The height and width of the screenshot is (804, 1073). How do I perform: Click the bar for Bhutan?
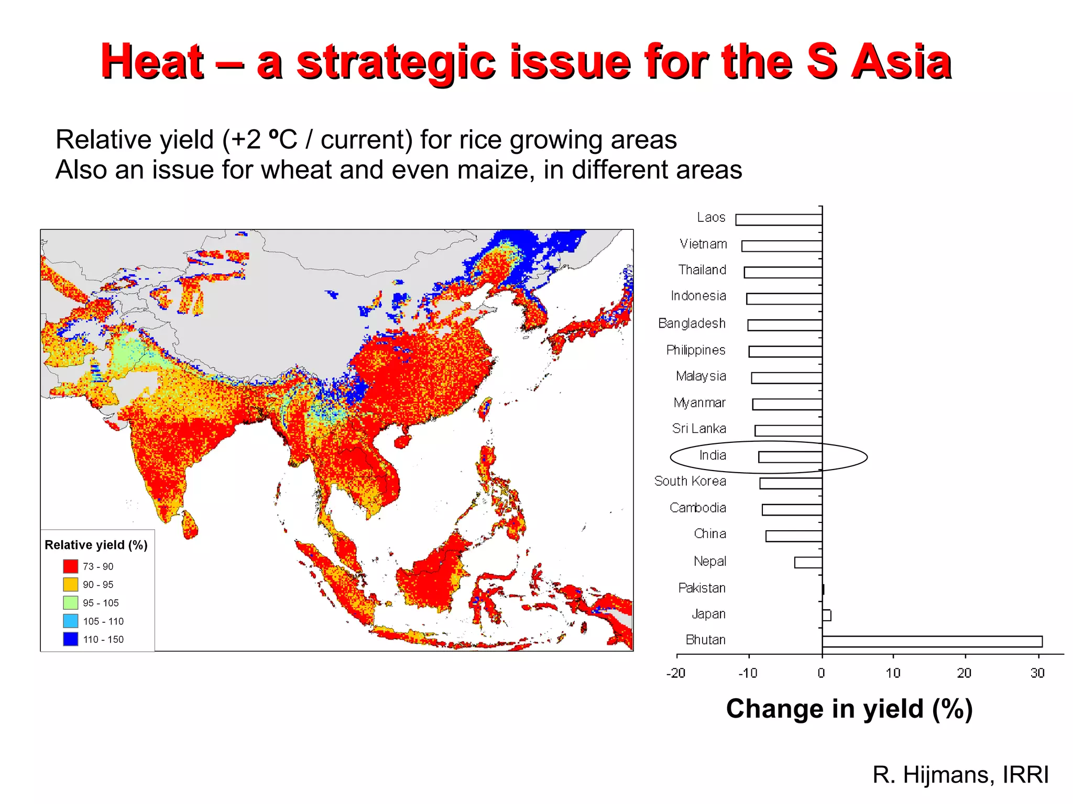[x=932, y=641]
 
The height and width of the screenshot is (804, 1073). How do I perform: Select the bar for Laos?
[x=779, y=220]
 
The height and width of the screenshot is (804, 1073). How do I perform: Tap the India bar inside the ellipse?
[x=790, y=457]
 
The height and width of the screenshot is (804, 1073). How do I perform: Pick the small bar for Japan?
[x=826, y=615]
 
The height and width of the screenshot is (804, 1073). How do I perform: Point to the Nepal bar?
[x=808, y=563]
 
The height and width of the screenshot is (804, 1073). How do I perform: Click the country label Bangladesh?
[x=692, y=323]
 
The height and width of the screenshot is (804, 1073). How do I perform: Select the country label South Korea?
[x=690, y=481]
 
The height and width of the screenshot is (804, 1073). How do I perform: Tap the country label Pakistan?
[x=702, y=588]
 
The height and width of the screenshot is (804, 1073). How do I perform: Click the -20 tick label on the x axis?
[x=675, y=673]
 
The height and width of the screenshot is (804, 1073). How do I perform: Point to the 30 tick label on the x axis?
[x=1037, y=673]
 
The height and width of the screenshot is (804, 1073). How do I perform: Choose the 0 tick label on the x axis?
[x=821, y=673]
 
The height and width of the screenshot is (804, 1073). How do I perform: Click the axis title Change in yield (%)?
[x=849, y=709]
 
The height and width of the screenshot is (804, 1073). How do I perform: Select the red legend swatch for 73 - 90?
[x=71, y=566]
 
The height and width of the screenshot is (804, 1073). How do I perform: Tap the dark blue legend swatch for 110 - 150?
[x=71, y=639]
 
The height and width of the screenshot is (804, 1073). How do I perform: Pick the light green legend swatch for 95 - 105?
[x=71, y=602]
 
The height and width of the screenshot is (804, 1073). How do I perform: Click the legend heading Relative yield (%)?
[x=96, y=545]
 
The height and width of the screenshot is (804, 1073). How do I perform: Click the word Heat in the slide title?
[x=152, y=62]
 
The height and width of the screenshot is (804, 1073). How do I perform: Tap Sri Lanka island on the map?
[x=190, y=525]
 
